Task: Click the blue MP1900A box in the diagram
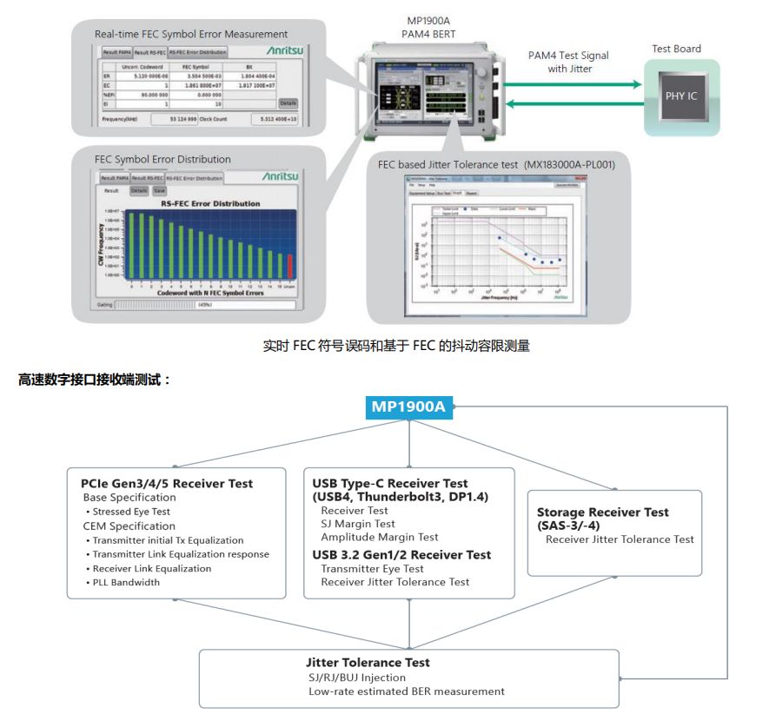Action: [x=408, y=407]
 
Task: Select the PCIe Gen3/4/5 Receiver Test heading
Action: [x=167, y=484]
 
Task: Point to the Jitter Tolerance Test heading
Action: [x=368, y=663]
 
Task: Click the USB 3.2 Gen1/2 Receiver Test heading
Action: [x=401, y=555]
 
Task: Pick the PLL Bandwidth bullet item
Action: [x=126, y=583]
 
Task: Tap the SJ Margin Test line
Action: [x=358, y=524]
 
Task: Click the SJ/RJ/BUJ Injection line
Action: [x=357, y=678]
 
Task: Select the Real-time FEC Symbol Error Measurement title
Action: [x=191, y=34]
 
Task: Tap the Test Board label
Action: [x=676, y=49]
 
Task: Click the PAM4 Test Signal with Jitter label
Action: [x=568, y=62]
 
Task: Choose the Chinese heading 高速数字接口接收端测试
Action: [x=96, y=380]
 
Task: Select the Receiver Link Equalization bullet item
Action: [x=152, y=569]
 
